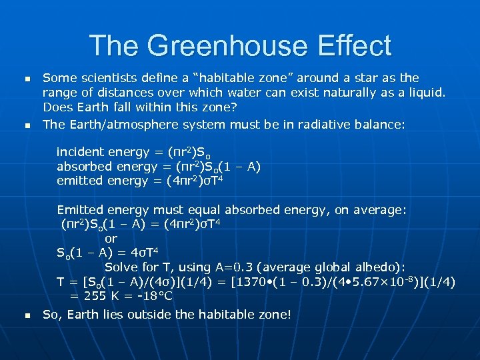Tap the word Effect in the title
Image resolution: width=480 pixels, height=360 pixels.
coord(355,46)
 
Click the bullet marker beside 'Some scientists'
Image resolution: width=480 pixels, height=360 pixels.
coord(27,79)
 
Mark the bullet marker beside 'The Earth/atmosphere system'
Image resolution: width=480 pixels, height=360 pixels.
coord(27,125)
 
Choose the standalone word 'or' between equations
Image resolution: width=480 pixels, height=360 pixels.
coord(111,238)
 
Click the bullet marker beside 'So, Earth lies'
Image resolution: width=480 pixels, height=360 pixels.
coord(27,315)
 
